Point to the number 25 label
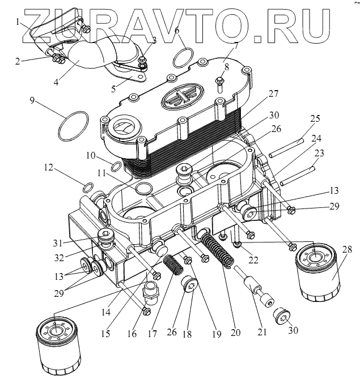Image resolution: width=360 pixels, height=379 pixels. tap(315, 118)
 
